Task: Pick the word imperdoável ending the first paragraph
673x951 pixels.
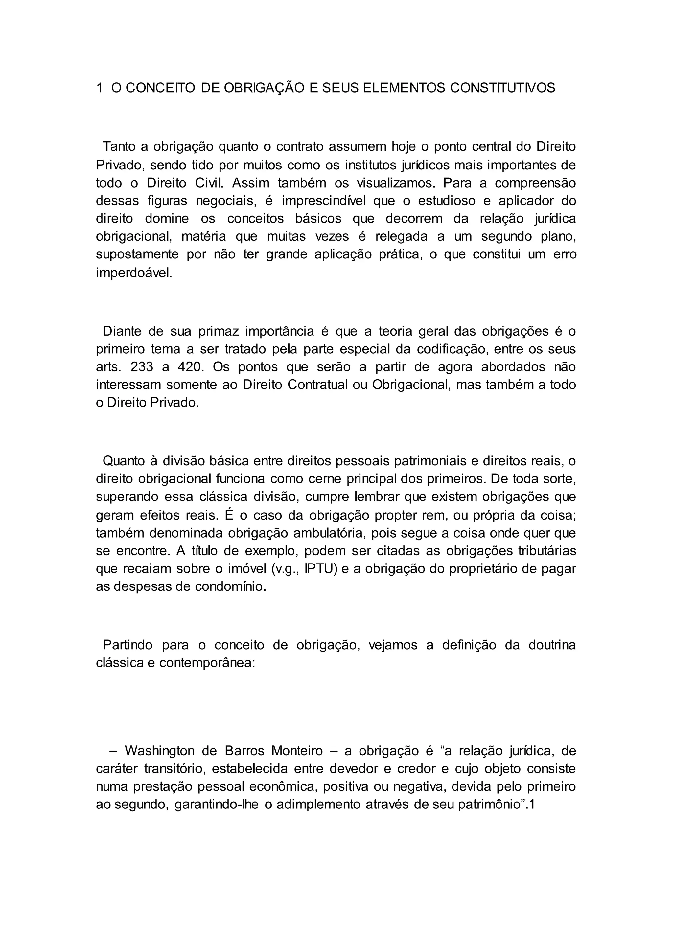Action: click(133, 273)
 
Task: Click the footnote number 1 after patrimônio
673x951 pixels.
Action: click(532, 805)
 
